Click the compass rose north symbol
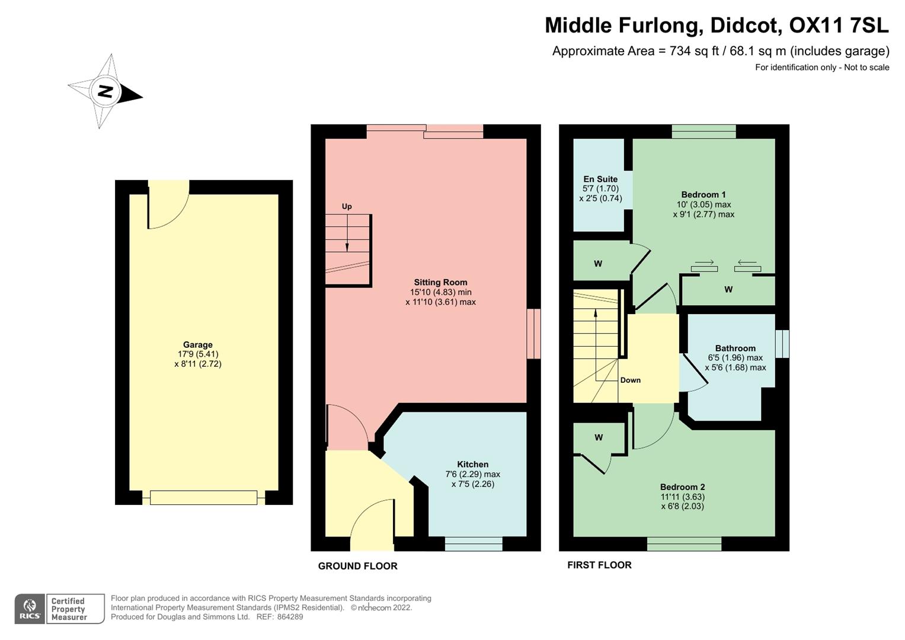click(x=105, y=91)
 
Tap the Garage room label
click(x=197, y=345)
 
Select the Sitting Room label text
click(x=440, y=283)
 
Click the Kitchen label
click(x=472, y=465)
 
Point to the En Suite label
click(x=600, y=179)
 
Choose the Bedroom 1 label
click(x=703, y=194)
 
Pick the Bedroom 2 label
click(x=682, y=487)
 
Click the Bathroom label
click(x=735, y=348)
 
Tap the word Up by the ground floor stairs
click(x=347, y=206)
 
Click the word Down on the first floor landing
click(x=630, y=380)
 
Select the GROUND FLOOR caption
click(x=357, y=566)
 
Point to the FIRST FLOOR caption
click(x=599, y=565)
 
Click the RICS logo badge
click(x=30, y=609)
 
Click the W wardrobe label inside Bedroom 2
click(x=599, y=437)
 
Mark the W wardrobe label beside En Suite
click(x=598, y=264)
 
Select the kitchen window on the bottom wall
click(x=474, y=543)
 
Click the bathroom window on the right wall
click(x=782, y=344)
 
